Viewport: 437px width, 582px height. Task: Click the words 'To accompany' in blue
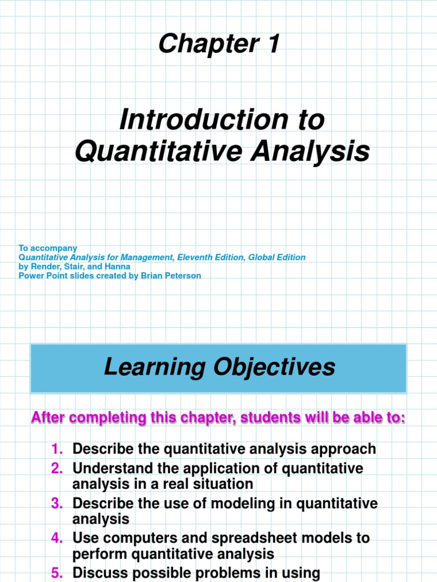coord(48,248)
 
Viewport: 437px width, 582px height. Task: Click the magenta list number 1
coord(57,449)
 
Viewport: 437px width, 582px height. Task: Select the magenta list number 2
coord(57,469)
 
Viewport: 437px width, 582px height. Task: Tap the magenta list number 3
coord(57,504)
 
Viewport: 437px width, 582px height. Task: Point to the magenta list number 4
coord(57,538)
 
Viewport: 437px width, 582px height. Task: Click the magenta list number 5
coord(57,573)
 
